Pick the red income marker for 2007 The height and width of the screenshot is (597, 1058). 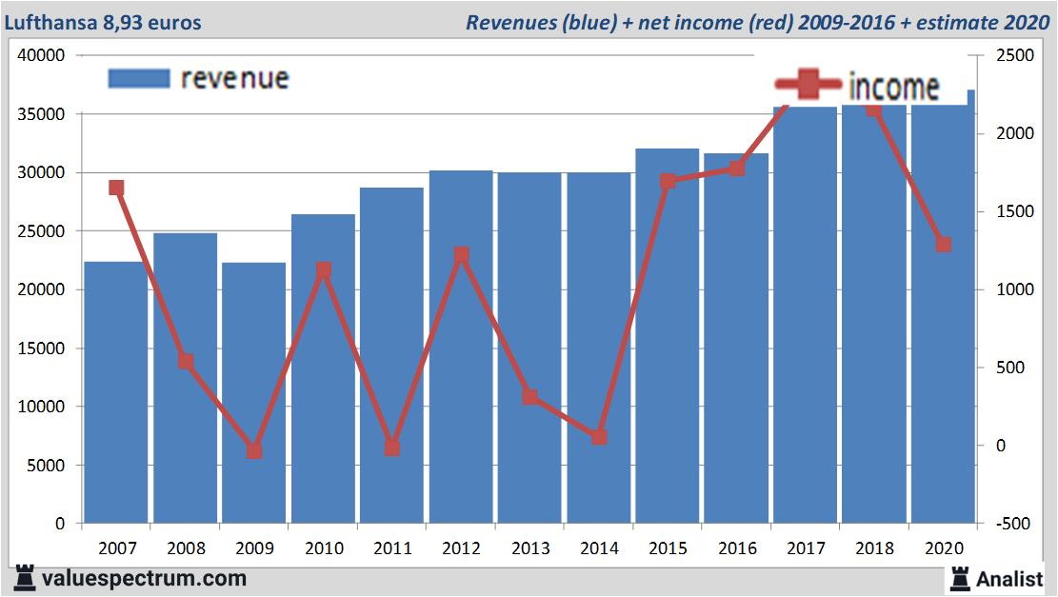click(x=116, y=188)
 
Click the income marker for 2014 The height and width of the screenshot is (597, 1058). click(x=599, y=436)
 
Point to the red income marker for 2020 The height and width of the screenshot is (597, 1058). click(x=943, y=244)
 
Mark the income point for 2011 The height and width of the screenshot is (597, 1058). click(x=392, y=447)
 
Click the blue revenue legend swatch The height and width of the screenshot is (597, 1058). click(x=138, y=78)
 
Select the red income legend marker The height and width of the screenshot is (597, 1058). click(x=808, y=87)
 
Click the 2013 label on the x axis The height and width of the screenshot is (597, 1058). click(x=530, y=548)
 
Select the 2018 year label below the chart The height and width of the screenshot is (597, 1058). click(x=874, y=548)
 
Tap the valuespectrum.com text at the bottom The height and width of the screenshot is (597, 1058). click(x=145, y=578)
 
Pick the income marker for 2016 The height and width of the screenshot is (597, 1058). click(x=736, y=168)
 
